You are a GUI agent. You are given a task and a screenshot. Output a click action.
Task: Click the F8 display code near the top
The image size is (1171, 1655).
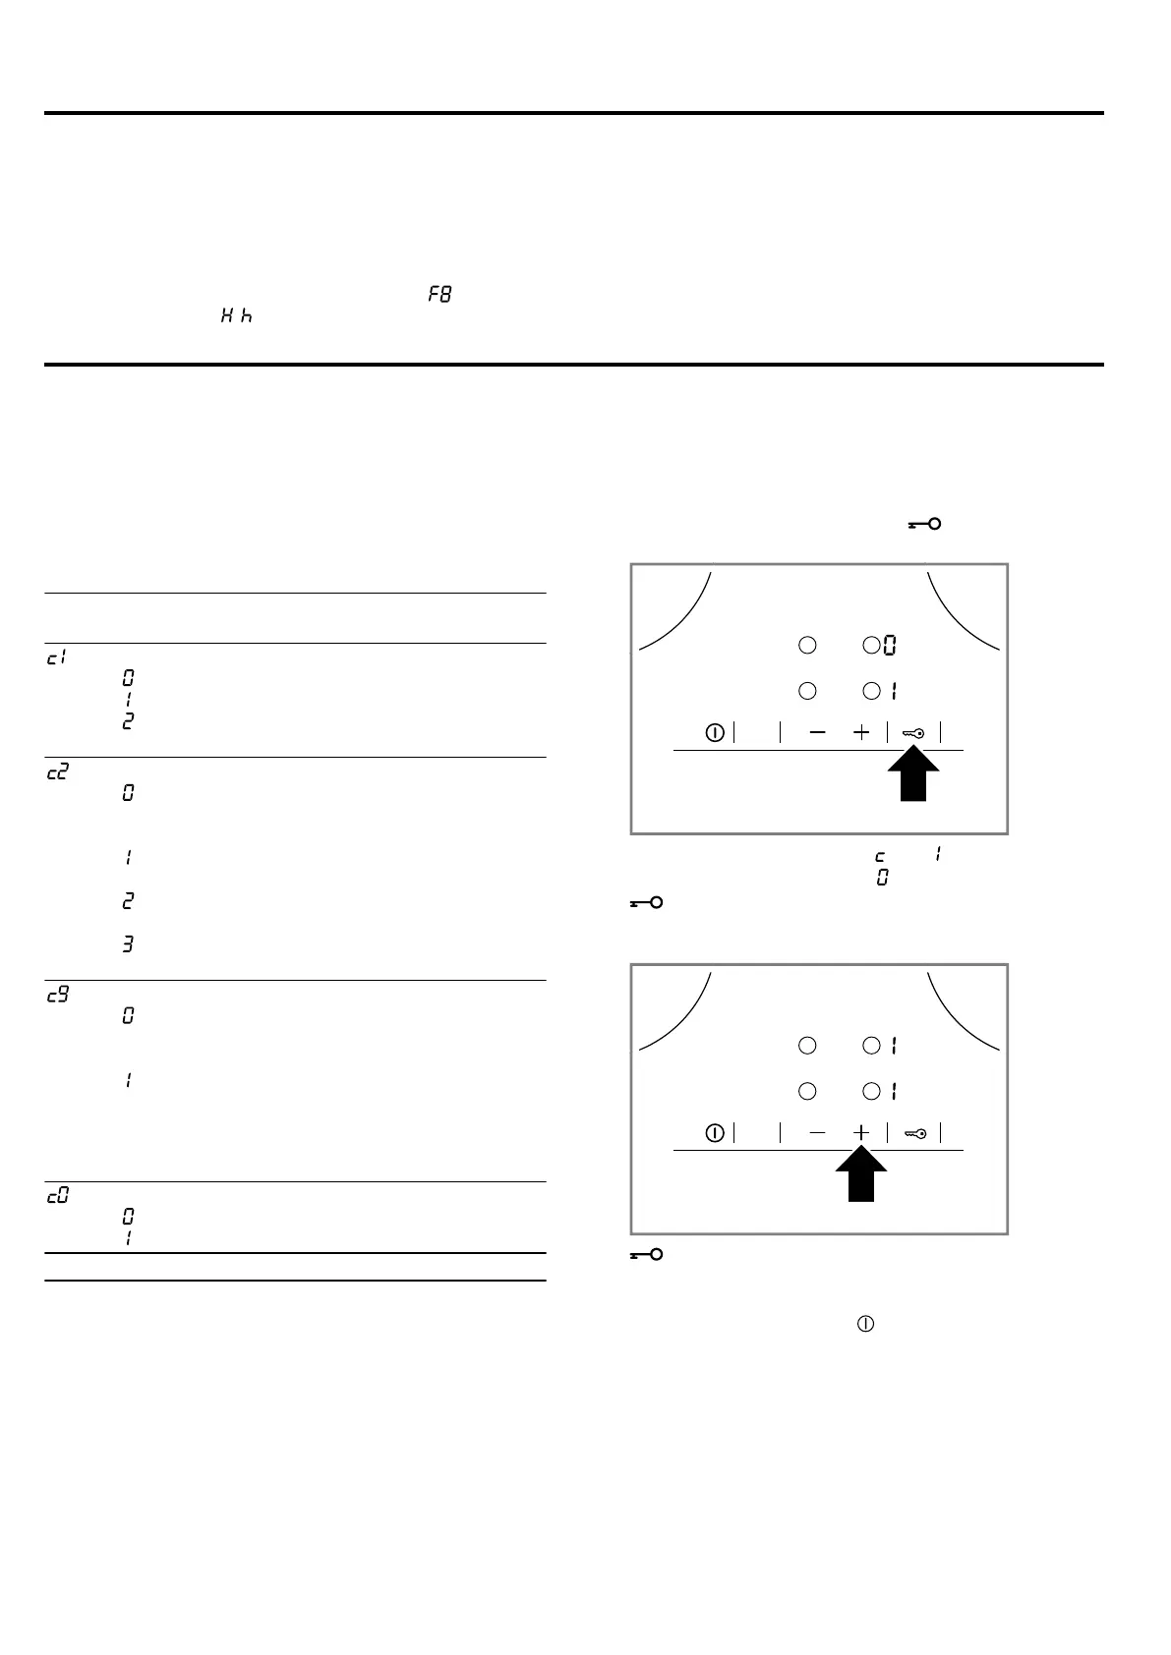point(439,294)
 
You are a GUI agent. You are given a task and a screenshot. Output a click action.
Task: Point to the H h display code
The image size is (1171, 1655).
point(236,315)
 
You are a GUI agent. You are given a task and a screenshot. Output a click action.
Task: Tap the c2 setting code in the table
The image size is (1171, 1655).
point(58,772)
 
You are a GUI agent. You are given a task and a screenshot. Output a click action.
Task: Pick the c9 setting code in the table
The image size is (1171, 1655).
point(58,995)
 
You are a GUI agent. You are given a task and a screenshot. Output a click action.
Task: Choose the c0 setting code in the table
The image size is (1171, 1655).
point(58,1196)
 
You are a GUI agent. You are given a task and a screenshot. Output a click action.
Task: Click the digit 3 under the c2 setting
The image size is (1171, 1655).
point(128,944)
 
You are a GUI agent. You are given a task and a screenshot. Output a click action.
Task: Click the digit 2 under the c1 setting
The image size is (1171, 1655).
point(128,720)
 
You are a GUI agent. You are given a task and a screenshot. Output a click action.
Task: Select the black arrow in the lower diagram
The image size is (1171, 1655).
point(861,1175)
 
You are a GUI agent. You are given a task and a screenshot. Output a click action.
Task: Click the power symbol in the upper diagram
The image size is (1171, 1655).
point(715,732)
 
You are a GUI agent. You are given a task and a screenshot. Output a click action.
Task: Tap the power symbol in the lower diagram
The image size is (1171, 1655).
point(715,1133)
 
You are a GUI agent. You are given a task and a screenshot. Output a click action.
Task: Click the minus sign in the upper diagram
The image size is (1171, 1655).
point(818,732)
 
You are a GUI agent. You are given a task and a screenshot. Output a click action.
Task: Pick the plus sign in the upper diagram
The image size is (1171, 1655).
point(861,732)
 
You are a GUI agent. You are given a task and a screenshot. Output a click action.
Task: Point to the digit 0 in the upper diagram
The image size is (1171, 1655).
point(889,646)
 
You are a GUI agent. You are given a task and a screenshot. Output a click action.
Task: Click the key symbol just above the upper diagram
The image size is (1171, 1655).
point(924,524)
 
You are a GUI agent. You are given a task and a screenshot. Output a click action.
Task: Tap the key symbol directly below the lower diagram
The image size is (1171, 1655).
point(646,1255)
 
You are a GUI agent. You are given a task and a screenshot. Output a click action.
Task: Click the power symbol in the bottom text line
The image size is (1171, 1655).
point(866,1324)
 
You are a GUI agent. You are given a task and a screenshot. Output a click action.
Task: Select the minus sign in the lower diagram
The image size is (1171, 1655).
point(818,1133)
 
